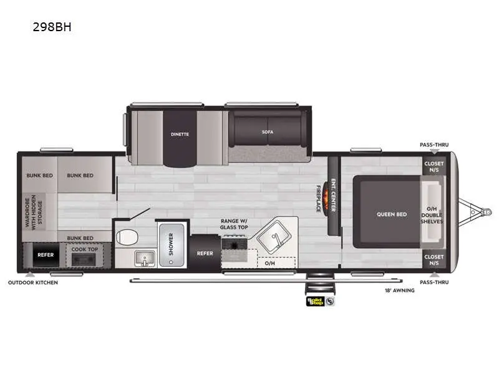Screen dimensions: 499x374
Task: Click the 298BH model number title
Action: [x=52, y=27]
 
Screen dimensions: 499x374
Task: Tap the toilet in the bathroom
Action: [x=127, y=237]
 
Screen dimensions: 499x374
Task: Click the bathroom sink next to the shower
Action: [x=145, y=258]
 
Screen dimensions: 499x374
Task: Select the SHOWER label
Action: [x=171, y=244]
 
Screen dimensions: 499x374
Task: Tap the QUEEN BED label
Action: [x=392, y=214]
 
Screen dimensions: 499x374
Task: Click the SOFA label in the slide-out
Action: [x=268, y=132]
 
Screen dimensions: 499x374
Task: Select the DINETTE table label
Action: [x=180, y=134]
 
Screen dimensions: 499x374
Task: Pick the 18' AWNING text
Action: [x=400, y=290]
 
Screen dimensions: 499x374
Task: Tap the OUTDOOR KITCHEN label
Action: [x=33, y=282]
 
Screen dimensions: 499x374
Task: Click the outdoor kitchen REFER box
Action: [x=46, y=255]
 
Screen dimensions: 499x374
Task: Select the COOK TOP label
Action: [x=85, y=249]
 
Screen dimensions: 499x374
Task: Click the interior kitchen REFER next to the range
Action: [x=205, y=253]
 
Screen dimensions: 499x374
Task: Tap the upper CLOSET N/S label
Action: [x=434, y=166]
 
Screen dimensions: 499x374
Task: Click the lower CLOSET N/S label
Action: [x=434, y=260]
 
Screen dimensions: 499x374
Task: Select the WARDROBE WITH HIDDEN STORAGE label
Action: [x=34, y=211]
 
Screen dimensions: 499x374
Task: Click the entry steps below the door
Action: [x=320, y=284]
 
